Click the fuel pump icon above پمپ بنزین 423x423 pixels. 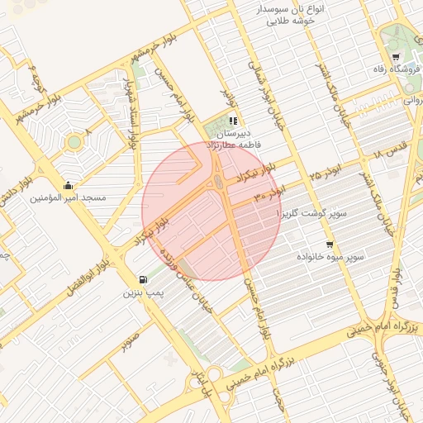coord(145,279)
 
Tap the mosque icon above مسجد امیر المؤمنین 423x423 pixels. coord(68,185)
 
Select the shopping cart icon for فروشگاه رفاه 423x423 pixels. coord(397,57)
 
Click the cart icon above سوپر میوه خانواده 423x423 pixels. coord(330,245)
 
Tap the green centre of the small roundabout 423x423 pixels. coord(74,141)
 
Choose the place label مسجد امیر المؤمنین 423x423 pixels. coord(69,198)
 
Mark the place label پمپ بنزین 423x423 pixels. coord(145,292)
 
